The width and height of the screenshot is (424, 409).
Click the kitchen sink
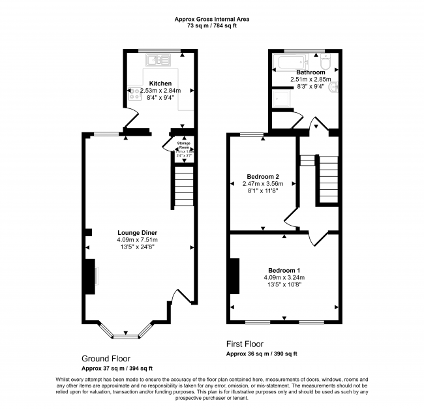click(x=159, y=61)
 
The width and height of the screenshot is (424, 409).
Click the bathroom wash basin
click(x=333, y=88)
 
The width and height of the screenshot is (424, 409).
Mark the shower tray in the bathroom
click(x=283, y=98)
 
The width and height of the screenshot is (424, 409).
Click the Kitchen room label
click(x=160, y=83)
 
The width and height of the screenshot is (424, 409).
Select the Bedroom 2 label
click(x=263, y=176)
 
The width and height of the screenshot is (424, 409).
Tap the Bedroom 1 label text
click(x=284, y=269)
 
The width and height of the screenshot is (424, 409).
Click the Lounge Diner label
click(x=137, y=232)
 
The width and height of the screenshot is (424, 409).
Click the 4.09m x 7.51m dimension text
click(x=137, y=240)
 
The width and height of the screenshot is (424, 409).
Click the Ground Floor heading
click(x=106, y=358)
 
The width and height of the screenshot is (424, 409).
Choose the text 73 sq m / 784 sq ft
click(x=212, y=27)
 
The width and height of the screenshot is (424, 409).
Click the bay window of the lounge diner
click(x=125, y=334)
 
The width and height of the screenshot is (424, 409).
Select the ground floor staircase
click(x=184, y=186)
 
